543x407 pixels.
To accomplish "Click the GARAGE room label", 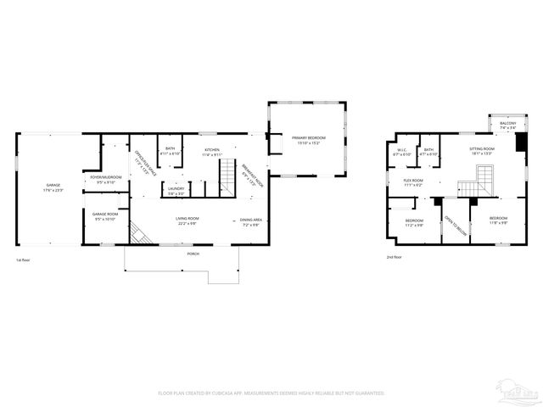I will click(x=53, y=187).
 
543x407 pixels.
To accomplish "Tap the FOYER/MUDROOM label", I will click(x=106, y=178).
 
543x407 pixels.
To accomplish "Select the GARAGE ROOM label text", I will click(x=105, y=215).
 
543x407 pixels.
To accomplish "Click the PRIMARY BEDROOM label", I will click(x=308, y=140).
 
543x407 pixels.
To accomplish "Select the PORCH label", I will click(x=193, y=254).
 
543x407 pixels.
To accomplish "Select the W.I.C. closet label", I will click(x=403, y=153).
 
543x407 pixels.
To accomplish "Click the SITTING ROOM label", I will click(x=483, y=152).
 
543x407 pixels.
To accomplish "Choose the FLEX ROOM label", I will click(x=414, y=181).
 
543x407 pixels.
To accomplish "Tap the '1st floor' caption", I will click(x=23, y=259).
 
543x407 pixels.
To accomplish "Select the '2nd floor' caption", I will click(x=394, y=256).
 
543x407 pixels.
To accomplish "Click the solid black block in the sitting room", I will click(x=521, y=142).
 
